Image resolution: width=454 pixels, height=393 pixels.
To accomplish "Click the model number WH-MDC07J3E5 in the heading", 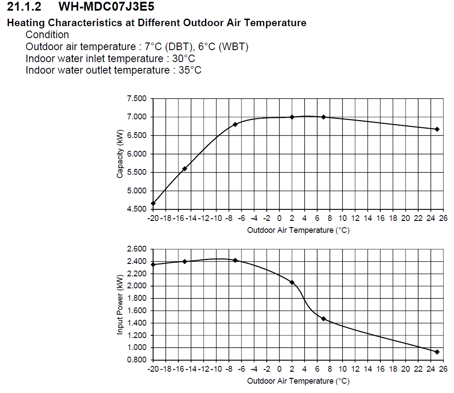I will [x=107, y=7].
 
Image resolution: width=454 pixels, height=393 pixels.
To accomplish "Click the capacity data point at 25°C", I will [x=437, y=129].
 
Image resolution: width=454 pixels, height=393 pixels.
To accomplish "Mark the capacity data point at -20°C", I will [x=153, y=204].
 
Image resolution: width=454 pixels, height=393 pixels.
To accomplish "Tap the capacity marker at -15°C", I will [x=185, y=169].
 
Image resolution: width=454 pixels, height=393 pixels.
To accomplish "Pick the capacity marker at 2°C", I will [x=292, y=117].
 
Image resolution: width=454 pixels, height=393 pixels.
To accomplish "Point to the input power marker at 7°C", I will [x=324, y=318].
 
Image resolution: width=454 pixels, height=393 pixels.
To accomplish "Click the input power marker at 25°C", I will [x=437, y=352].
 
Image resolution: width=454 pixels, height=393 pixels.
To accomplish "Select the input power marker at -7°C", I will [x=235, y=260].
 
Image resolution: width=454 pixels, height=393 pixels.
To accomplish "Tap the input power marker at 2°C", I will [x=292, y=282].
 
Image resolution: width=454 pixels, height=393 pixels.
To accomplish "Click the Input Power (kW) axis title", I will [x=120, y=305].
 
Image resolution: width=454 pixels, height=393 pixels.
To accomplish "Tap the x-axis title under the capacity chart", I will [x=298, y=230].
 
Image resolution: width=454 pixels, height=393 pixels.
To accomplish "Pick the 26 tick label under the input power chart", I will [x=443, y=369].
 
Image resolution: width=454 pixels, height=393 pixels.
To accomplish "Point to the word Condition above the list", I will [x=47, y=35].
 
